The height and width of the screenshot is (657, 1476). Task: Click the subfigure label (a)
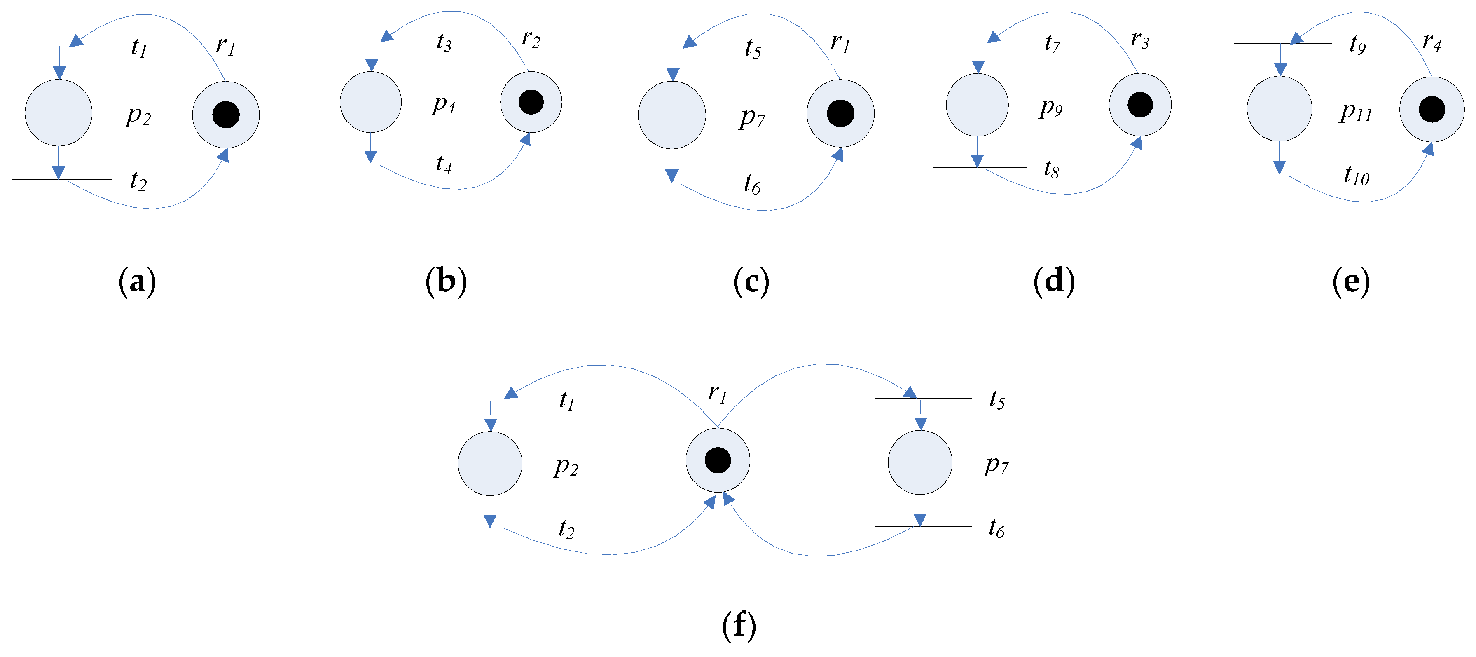pyautogui.click(x=137, y=282)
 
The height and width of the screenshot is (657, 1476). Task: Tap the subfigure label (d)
pyautogui.click(x=1054, y=282)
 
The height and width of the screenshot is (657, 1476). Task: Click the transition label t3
pyautogui.click(x=444, y=42)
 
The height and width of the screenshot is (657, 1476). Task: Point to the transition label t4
pyautogui.click(x=444, y=164)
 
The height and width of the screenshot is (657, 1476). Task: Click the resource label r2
pyautogui.click(x=531, y=39)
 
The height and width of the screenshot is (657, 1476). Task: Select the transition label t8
pyautogui.click(x=1051, y=169)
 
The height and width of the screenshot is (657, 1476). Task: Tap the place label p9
pyautogui.click(x=1051, y=107)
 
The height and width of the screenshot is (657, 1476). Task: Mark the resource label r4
pyautogui.click(x=1432, y=42)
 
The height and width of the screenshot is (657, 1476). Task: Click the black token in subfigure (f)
pyautogui.click(x=717, y=460)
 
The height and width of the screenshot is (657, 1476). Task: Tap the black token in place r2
pyautogui.click(x=531, y=102)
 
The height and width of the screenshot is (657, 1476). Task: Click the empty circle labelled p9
pyautogui.click(x=977, y=105)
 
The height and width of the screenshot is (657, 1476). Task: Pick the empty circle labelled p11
pyautogui.click(x=1280, y=109)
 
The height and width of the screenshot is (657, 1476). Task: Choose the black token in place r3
pyautogui.click(x=1140, y=104)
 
